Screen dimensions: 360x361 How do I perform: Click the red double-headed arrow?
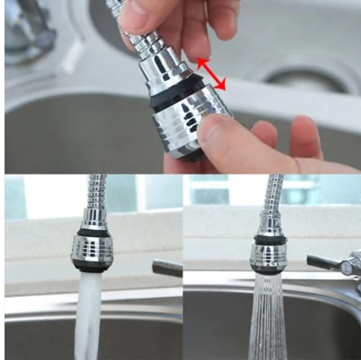(x=212, y=74)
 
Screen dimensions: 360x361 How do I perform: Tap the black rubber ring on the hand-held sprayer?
(x=179, y=100)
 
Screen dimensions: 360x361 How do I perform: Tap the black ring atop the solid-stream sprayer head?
(x=93, y=231)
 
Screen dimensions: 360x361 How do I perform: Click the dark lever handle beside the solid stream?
(x=167, y=267)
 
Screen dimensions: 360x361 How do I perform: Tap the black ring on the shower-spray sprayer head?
(x=269, y=239)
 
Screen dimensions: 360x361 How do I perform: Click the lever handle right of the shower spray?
(x=323, y=262)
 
